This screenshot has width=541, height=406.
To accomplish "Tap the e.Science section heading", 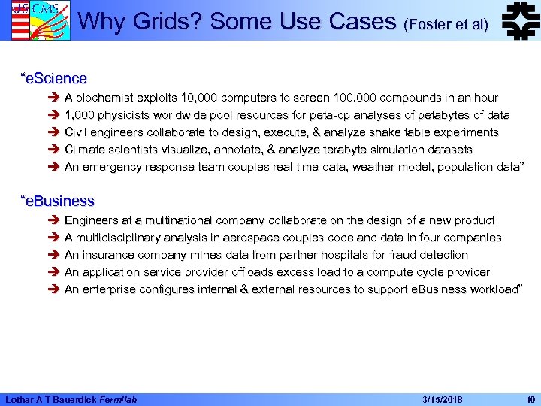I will click(x=55, y=78).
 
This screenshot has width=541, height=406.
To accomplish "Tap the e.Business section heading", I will click(x=59, y=201).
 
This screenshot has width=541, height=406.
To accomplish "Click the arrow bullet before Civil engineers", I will click(x=55, y=132).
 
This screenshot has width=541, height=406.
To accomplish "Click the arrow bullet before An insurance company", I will click(x=55, y=255).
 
